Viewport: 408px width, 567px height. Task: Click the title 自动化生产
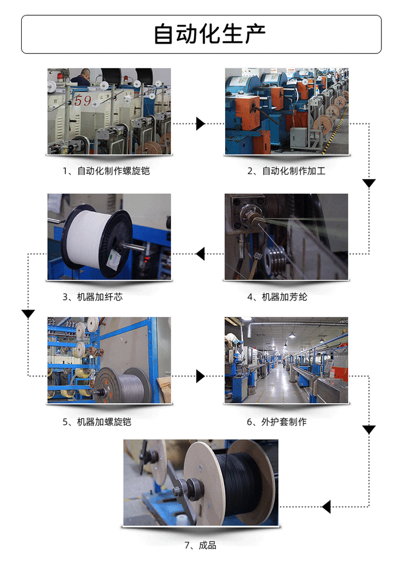click(x=209, y=34)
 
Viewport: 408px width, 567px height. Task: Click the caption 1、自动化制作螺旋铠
click(x=106, y=171)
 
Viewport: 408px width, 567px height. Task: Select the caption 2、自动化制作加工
click(x=287, y=171)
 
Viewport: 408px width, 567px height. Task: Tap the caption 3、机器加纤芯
click(x=96, y=297)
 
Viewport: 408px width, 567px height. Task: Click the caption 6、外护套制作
click(x=277, y=422)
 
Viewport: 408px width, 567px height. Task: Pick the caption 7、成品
click(x=200, y=545)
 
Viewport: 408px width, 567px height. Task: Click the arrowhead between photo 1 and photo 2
click(x=200, y=124)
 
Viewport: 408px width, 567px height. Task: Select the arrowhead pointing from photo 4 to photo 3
click(x=200, y=253)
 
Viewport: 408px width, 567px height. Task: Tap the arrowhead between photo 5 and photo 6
click(x=200, y=376)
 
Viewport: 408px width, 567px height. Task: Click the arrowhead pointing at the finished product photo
click(x=326, y=507)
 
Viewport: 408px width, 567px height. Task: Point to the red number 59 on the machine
click(x=83, y=101)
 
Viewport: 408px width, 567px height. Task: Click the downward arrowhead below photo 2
click(x=369, y=183)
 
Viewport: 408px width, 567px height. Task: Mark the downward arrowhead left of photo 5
click(x=28, y=314)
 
